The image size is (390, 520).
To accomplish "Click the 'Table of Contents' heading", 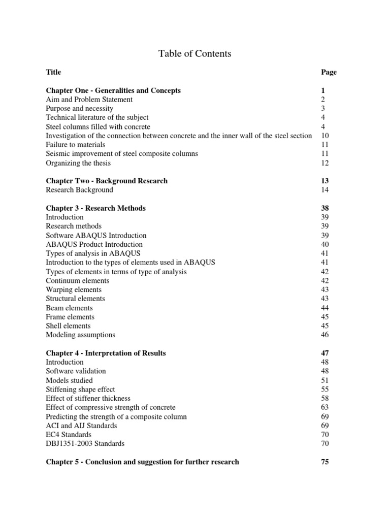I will (194, 53).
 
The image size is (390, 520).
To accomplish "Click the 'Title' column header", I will (53, 72).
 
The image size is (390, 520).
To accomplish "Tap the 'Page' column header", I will (329, 72).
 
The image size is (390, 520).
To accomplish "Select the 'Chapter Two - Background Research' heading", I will (107, 181).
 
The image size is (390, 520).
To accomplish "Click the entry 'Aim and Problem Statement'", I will (89, 100).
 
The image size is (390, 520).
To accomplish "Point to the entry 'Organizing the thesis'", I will (78, 163).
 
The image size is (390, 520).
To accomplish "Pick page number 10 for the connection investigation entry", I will (325, 136).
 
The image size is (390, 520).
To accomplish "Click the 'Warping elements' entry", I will (74, 289).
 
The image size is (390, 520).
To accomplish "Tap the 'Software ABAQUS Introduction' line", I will (96, 236).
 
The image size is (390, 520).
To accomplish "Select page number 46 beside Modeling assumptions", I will (325, 335).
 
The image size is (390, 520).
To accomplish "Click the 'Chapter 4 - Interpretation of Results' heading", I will (106, 353).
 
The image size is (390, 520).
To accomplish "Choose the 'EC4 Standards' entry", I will (69, 435).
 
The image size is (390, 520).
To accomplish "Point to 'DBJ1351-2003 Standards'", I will (85, 444).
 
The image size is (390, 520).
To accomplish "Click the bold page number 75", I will (325, 462).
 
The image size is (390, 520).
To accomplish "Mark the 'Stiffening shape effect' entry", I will (80, 389).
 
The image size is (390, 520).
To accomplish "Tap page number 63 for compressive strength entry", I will (325, 407).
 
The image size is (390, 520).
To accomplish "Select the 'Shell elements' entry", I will (68, 326).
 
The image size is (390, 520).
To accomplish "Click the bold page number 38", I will (325, 208).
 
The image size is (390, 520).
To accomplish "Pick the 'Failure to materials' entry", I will (75, 145).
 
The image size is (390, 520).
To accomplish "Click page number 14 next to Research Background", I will (325, 190).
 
